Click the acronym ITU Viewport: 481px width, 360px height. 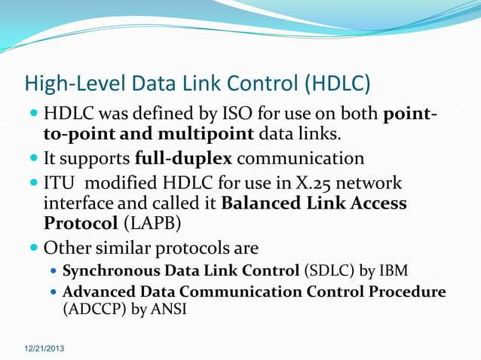point(63,185)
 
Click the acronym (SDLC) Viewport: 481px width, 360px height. point(326,271)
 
